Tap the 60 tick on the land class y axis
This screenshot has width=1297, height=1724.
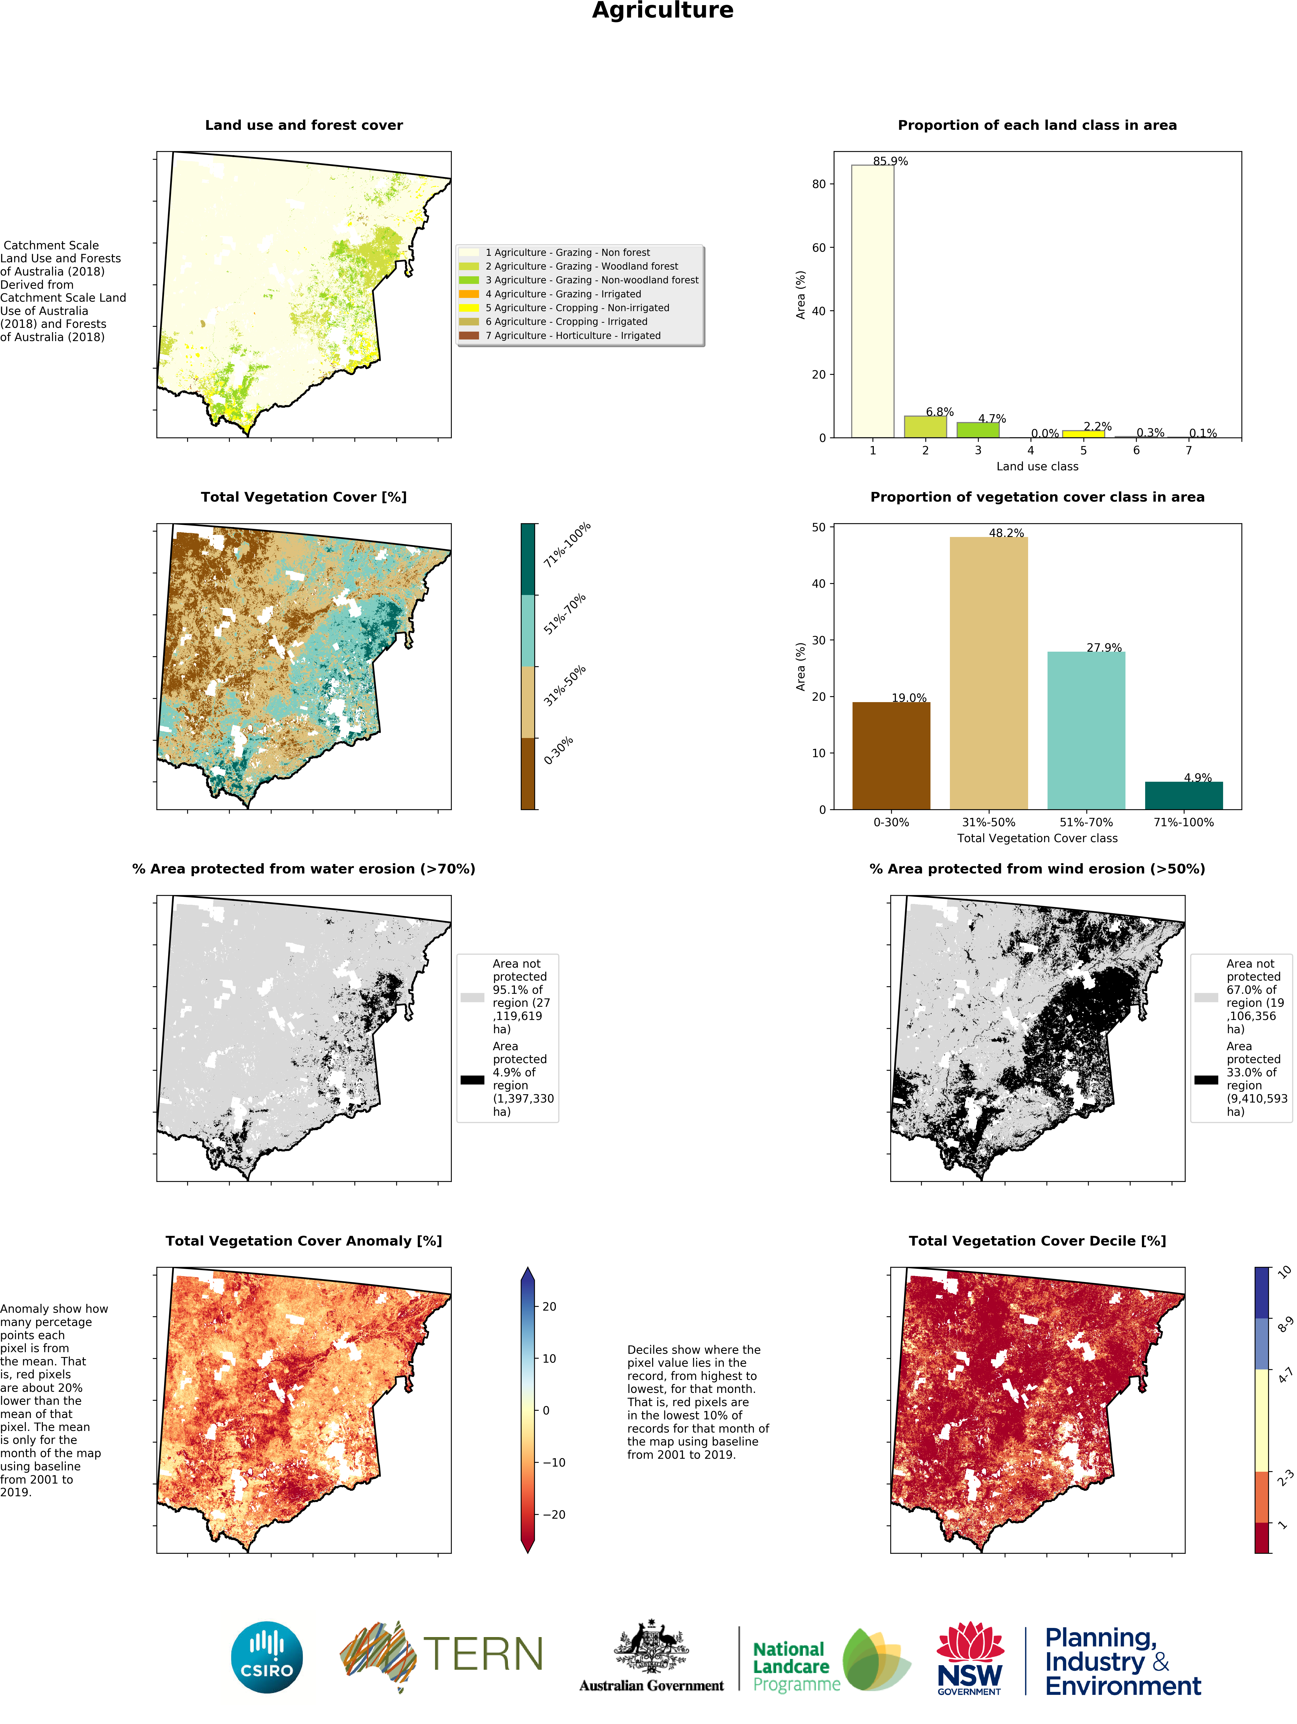[x=818, y=248]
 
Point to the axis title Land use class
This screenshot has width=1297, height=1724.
[x=1037, y=466]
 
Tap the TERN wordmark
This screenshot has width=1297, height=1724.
[x=482, y=1654]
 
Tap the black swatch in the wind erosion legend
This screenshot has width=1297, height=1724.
[x=1206, y=1079]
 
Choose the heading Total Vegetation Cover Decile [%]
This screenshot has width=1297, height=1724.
[x=1037, y=1241]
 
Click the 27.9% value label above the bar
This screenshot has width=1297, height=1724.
[x=1104, y=648]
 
